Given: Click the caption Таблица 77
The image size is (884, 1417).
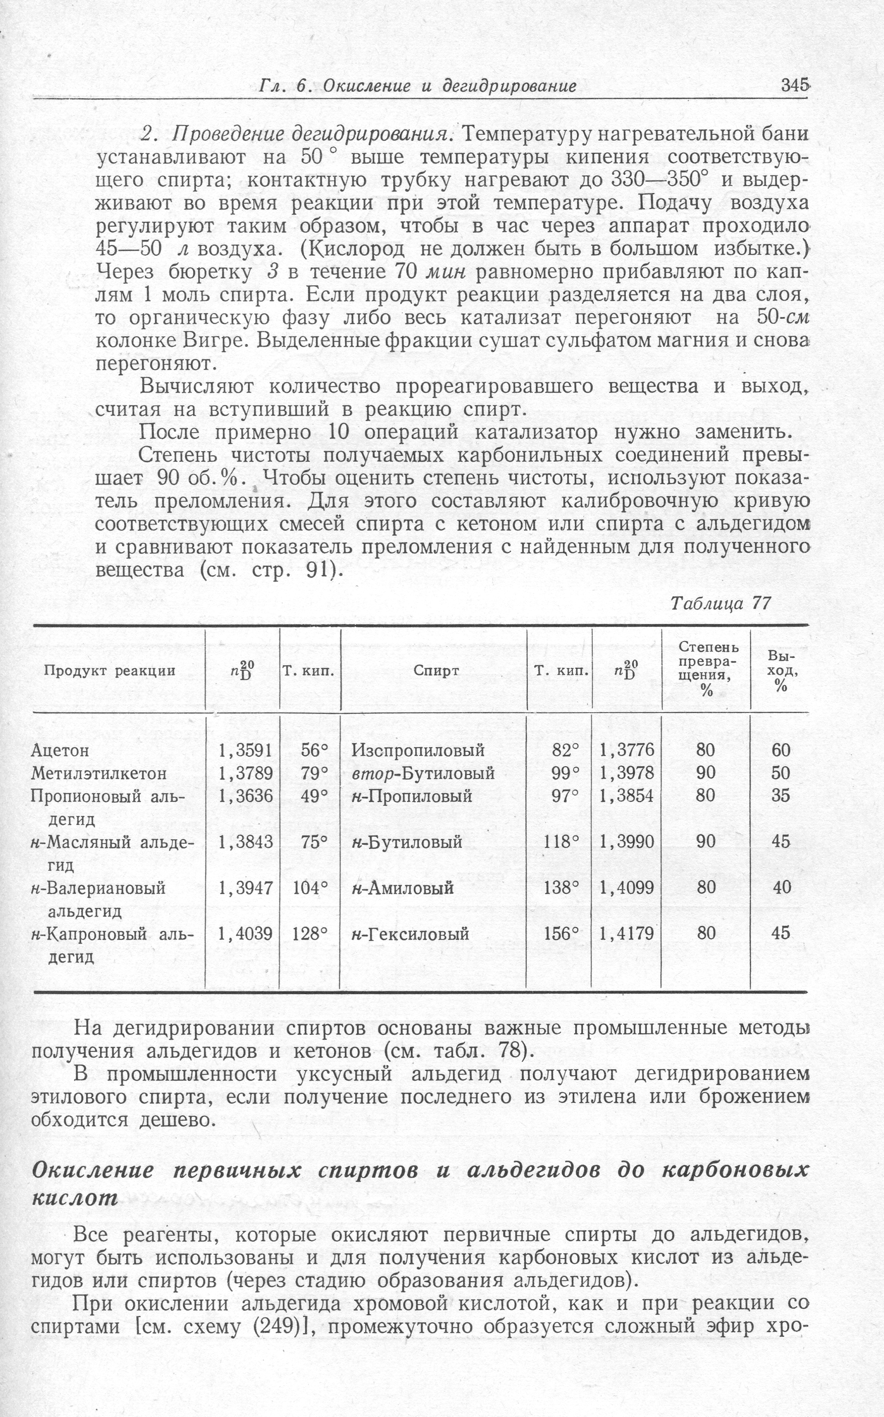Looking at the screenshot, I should (720, 603).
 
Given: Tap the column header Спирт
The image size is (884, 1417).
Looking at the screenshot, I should (436, 671).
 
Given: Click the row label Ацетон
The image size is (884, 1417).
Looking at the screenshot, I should (59, 750).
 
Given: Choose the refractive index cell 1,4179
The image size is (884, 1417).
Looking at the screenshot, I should (627, 933).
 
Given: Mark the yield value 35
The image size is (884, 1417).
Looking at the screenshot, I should (781, 796).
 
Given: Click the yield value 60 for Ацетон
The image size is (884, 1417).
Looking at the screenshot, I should (781, 750).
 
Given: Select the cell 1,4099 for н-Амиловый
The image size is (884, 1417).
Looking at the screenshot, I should (627, 888).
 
